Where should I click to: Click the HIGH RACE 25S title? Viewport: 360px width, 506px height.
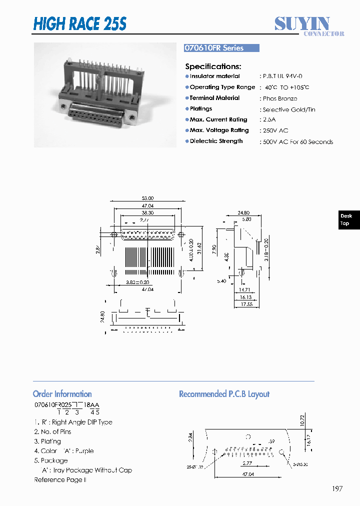click(x=80, y=23)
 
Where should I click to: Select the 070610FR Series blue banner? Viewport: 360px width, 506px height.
click(x=221, y=48)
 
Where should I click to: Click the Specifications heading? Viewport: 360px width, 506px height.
click(x=213, y=66)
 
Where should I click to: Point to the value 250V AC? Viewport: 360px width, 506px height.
click(x=275, y=130)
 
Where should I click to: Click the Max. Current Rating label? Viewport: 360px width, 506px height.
click(x=218, y=119)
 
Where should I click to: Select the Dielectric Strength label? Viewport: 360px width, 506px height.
click(x=216, y=141)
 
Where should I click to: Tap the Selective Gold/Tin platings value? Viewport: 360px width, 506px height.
click(x=288, y=109)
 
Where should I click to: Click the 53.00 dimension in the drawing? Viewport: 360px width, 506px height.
click(x=148, y=198)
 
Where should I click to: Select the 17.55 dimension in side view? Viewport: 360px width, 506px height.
click(x=246, y=303)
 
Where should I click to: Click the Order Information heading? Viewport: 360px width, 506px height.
click(x=62, y=394)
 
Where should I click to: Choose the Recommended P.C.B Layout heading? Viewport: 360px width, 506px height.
click(x=224, y=394)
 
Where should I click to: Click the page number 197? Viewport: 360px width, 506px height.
click(x=337, y=488)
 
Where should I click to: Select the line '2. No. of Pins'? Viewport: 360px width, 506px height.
click(x=52, y=431)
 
